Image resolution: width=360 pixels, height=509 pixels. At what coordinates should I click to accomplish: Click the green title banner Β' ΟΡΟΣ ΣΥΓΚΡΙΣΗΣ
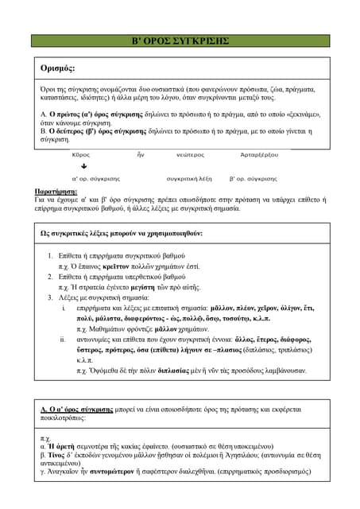(180, 41)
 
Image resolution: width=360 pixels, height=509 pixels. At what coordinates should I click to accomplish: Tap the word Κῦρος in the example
(81, 155)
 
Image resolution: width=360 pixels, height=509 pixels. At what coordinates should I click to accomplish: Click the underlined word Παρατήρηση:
(60, 192)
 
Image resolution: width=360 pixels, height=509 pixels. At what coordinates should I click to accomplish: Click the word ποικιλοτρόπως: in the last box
(65, 417)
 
